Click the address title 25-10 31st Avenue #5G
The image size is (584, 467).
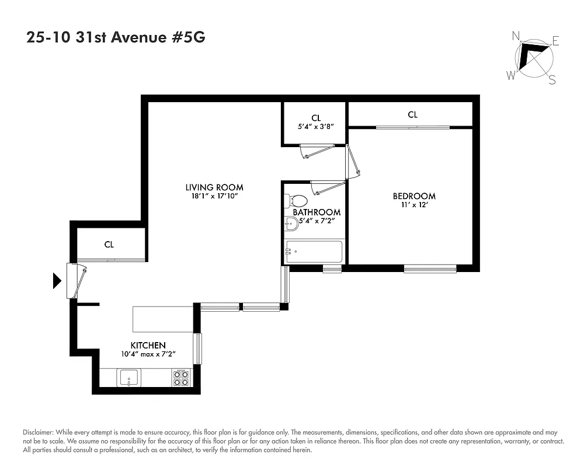[x=116, y=38]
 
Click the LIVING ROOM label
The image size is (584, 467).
[x=214, y=187]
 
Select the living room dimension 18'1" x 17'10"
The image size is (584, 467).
[x=214, y=196]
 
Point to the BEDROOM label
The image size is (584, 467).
[x=413, y=196]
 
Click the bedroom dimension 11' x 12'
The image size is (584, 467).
[x=413, y=205]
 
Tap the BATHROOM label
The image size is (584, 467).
[x=317, y=212]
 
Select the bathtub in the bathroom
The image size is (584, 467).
[x=313, y=252]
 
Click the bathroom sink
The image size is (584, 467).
[x=291, y=222]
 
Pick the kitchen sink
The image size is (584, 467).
[x=128, y=378]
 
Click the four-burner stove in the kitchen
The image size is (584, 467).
[x=181, y=378]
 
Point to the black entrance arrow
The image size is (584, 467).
[x=57, y=281]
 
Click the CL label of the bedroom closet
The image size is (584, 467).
[x=412, y=115]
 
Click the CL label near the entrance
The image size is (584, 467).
[x=109, y=245]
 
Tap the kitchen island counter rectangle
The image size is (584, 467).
[x=164, y=319]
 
